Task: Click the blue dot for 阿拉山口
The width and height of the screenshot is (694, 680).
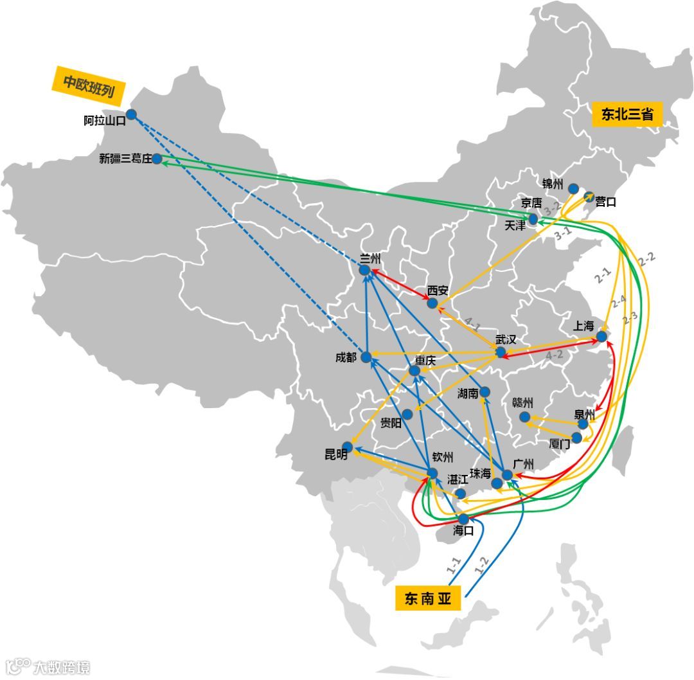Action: (x=131, y=114)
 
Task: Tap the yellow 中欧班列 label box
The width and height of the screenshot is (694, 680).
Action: (x=89, y=84)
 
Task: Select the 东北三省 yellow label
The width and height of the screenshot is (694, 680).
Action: (x=627, y=114)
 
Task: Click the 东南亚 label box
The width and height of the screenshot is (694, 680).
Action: (x=428, y=599)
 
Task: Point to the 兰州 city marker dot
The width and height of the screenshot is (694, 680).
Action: (x=364, y=271)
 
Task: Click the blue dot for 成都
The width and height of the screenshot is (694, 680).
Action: (x=366, y=357)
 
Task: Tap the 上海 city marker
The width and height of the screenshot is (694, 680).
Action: (x=601, y=336)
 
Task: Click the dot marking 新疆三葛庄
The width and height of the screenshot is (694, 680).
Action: (x=157, y=159)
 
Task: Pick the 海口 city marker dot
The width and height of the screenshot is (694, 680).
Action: (x=463, y=519)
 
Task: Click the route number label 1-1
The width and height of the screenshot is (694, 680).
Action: (x=454, y=566)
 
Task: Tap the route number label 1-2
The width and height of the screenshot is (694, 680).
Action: (x=481, y=565)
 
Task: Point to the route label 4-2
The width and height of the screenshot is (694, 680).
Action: (x=553, y=355)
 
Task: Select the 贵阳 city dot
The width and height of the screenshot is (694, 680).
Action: (x=407, y=415)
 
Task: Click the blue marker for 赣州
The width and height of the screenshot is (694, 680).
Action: (x=524, y=416)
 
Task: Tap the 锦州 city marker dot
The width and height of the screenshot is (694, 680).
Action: (x=573, y=188)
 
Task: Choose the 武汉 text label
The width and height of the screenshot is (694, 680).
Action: (x=506, y=339)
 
